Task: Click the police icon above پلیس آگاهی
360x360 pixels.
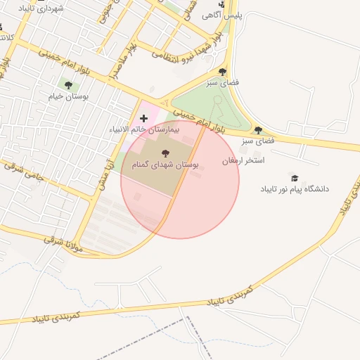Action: (x=221, y=4)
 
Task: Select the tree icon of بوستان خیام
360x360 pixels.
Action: (x=68, y=85)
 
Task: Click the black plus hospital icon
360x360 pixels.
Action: (x=144, y=118)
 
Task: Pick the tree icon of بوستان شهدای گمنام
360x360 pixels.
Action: (x=165, y=153)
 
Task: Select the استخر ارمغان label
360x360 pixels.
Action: (x=243, y=161)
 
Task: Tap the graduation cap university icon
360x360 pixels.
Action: (x=294, y=178)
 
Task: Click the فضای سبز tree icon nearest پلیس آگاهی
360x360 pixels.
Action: (x=223, y=72)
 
